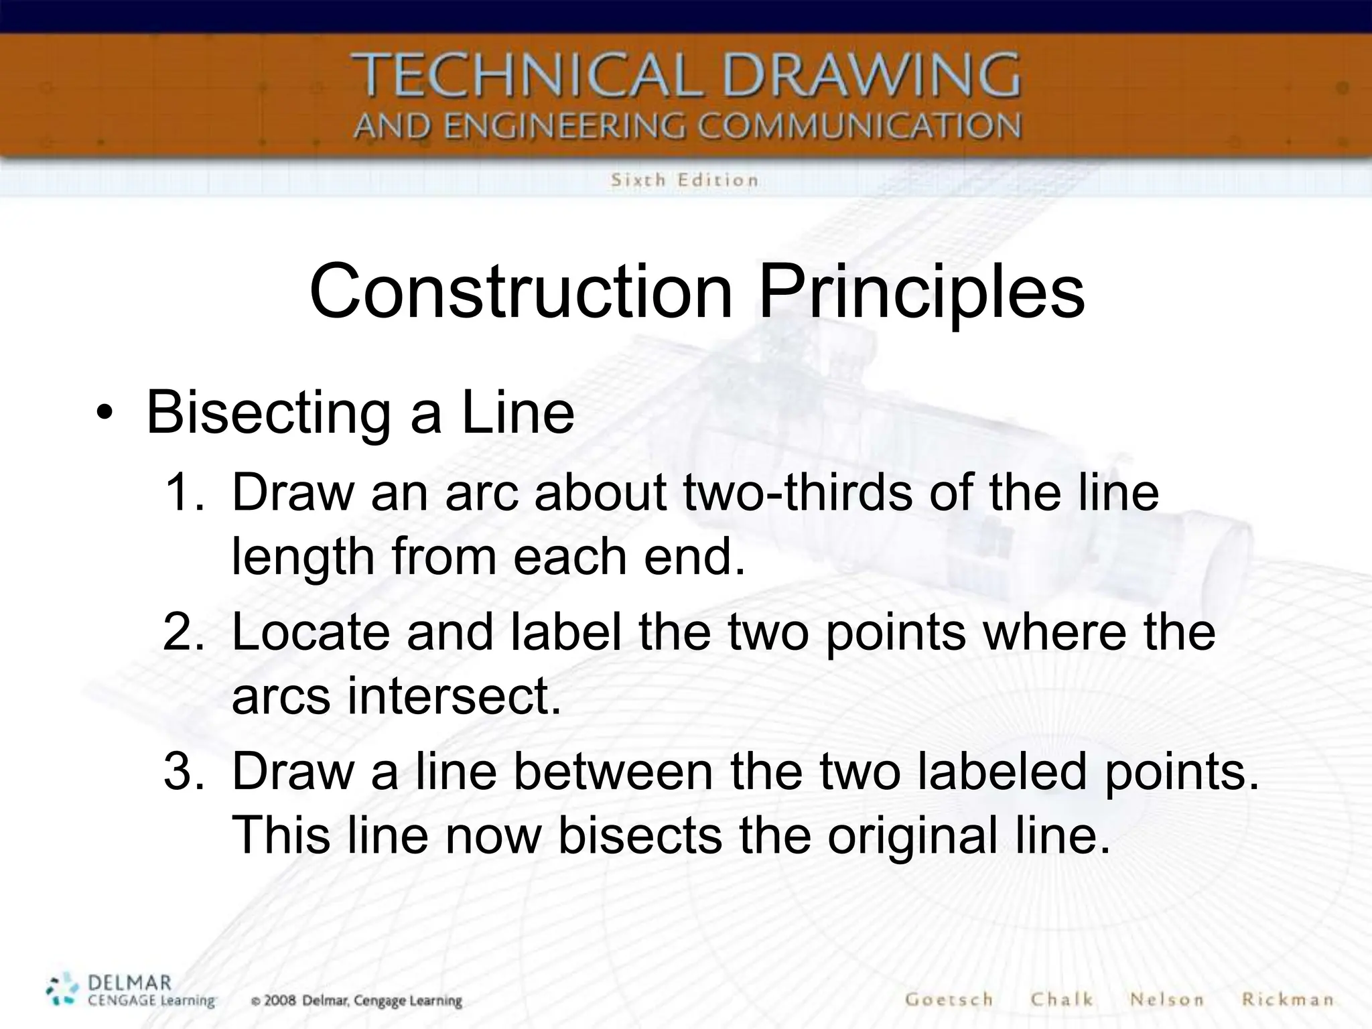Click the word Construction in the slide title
[521, 292]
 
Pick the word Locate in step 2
[310, 632]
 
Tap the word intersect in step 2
[454, 697]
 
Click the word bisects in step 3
[640, 836]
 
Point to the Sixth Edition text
[684, 180]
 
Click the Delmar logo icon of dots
[62, 990]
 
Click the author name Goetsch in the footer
[949, 1000]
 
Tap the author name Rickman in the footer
[1287, 1000]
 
